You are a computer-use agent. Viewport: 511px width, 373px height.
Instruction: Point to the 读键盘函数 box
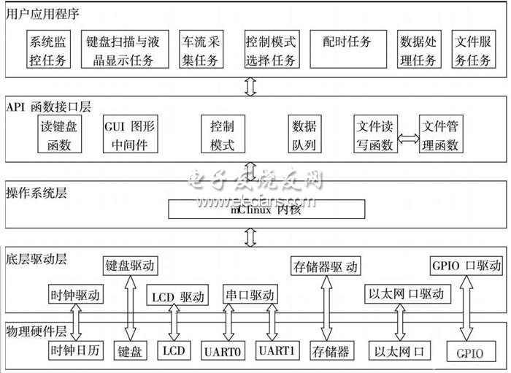(59, 134)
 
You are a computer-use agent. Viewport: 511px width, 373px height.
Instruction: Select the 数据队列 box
(303, 134)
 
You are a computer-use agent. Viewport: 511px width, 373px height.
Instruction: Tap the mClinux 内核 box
(266, 209)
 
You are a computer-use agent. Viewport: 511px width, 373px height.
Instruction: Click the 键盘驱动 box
(131, 266)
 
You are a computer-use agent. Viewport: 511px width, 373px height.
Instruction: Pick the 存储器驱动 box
(325, 266)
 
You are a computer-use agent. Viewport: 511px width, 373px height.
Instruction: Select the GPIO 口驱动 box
(464, 264)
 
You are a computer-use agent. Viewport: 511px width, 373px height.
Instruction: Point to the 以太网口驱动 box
(407, 293)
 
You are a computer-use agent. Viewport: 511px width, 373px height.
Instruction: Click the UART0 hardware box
(224, 350)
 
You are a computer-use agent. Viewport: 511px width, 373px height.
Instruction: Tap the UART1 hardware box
(277, 350)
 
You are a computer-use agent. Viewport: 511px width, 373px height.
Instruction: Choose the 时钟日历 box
(74, 350)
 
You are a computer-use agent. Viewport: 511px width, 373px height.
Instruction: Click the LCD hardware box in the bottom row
(174, 350)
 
